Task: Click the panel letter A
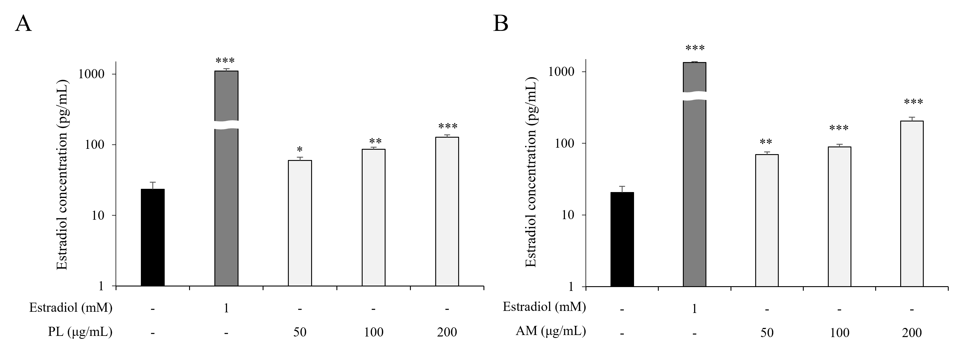23,24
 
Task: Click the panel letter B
501,24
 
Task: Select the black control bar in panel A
152,238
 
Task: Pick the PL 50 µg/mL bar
300,224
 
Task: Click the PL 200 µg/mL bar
447,211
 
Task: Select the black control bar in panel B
622,239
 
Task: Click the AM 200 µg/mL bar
912,204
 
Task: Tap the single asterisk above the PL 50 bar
300,150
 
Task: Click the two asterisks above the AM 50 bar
766,142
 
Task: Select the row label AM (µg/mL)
551,331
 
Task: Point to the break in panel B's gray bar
695,96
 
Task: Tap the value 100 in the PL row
373,332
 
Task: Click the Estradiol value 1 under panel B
695,309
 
